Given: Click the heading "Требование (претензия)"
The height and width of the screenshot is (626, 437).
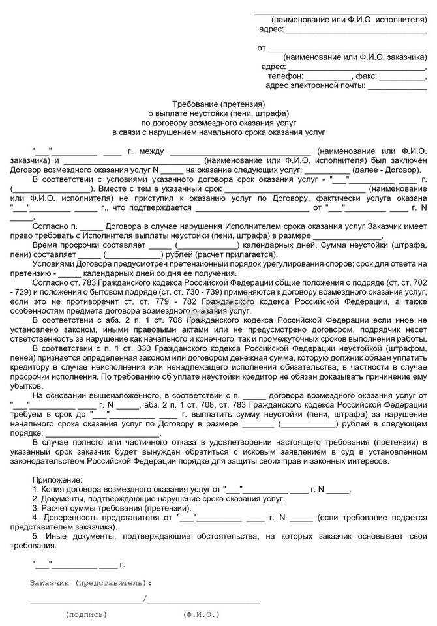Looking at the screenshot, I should click(218, 104).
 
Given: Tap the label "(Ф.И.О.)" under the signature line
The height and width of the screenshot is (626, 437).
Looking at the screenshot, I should click(202, 614).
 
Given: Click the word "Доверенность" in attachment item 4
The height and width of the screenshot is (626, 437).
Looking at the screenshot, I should click(71, 518).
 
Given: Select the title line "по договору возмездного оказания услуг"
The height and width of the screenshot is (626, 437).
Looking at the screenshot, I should click(218, 122).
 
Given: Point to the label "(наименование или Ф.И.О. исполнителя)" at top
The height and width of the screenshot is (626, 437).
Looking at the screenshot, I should click(348, 20).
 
